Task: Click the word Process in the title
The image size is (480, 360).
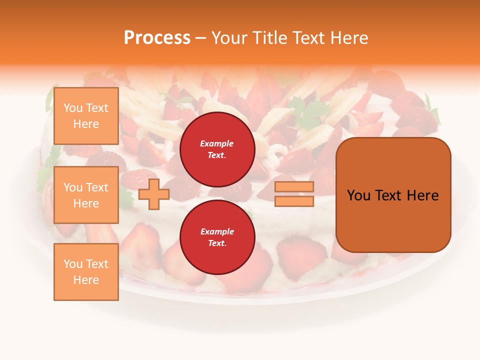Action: click(x=157, y=38)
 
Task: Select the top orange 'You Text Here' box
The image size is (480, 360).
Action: click(x=86, y=116)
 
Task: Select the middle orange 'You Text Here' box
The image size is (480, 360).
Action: click(x=86, y=195)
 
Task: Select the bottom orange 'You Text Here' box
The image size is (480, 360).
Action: click(x=86, y=272)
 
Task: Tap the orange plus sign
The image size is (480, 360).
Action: click(x=153, y=194)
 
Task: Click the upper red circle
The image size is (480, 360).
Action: click(x=217, y=149)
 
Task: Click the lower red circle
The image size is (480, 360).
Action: click(x=217, y=237)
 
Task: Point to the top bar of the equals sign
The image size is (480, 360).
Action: click(x=294, y=186)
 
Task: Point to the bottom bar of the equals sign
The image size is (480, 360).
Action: click(x=294, y=201)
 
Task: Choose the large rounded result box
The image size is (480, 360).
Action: click(x=393, y=195)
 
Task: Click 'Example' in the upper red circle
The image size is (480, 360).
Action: click(x=217, y=143)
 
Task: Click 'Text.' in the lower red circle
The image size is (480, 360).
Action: click(x=217, y=243)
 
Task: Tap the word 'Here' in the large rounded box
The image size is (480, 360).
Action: click(x=422, y=195)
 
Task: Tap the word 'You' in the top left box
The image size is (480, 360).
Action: click(x=72, y=108)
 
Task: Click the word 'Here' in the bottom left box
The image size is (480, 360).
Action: click(x=86, y=280)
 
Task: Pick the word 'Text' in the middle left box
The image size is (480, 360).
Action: click(x=96, y=187)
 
